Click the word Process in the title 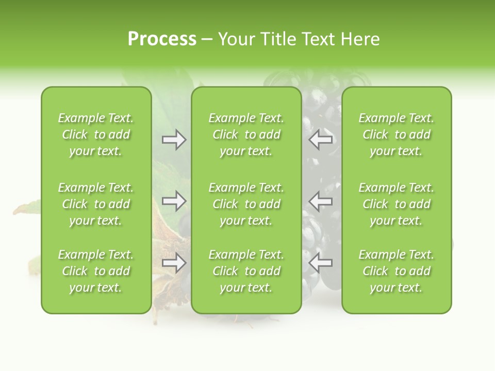coord(162,39)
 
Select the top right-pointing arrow coord(174,140)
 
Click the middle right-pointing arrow coord(174,201)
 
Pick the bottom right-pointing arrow coord(174,263)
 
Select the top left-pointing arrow coord(320,140)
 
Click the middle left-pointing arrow coord(320,201)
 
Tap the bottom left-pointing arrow coord(320,263)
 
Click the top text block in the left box coord(96,134)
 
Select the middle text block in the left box coord(96,204)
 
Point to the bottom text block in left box coord(96,271)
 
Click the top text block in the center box coord(246,134)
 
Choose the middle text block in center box coord(246,204)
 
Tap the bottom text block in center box coord(246,271)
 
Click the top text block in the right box coord(397,134)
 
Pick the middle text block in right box coord(397,204)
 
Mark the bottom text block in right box coord(397,271)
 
